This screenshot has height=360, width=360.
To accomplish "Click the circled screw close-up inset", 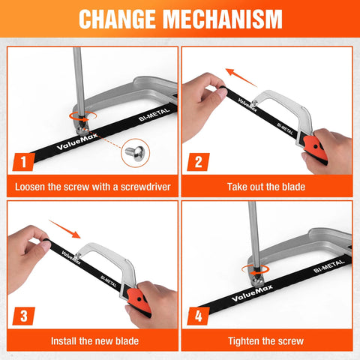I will click(135, 154).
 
